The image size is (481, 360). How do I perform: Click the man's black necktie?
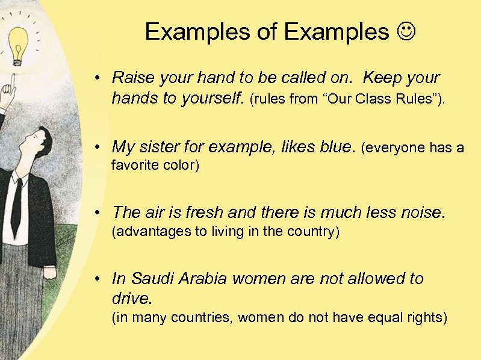point(17,205)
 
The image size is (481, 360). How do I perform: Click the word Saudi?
point(153,279)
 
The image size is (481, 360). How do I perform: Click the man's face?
point(39,144)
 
